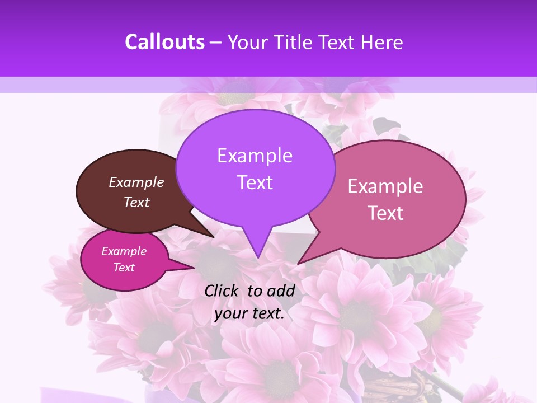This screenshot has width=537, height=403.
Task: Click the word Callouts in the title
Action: (164, 42)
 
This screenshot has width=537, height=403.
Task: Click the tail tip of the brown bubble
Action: (214, 237)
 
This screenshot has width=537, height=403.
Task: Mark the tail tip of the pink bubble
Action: (298, 263)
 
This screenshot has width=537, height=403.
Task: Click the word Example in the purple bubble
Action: (255, 156)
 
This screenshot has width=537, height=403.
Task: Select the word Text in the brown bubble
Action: (136, 203)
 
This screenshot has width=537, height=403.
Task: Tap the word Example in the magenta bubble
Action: (124, 251)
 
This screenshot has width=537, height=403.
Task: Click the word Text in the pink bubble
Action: (386, 213)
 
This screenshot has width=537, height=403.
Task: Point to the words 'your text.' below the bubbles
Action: (249, 314)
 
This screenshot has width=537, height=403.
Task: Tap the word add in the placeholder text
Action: (281, 290)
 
